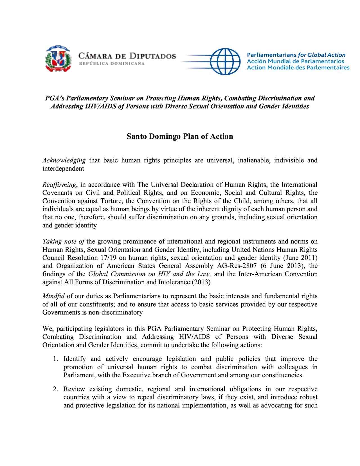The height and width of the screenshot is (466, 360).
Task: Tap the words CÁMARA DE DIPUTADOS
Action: point(127,56)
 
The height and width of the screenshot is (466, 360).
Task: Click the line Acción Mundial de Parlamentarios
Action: point(296,61)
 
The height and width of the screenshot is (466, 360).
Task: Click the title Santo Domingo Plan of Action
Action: point(180,136)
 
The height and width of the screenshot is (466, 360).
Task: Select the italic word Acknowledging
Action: point(64,160)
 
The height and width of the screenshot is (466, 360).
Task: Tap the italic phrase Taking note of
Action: point(64,242)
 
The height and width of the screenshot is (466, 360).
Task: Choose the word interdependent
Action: point(63,169)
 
